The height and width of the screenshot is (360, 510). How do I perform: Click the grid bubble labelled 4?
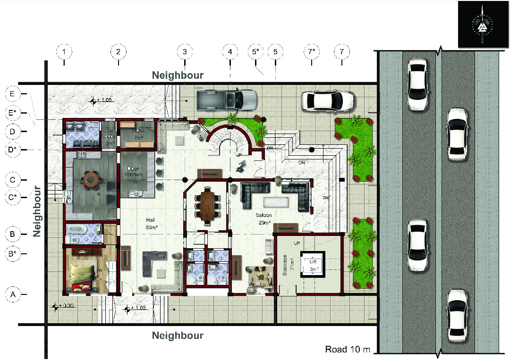tap(230, 51)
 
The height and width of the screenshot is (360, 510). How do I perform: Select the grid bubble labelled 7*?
tap(311, 51)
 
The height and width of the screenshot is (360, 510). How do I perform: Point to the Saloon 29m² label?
tap(265, 218)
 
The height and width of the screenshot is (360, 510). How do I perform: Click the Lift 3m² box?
tap(313, 265)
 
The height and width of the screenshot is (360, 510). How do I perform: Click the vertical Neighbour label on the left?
tap(38, 211)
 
